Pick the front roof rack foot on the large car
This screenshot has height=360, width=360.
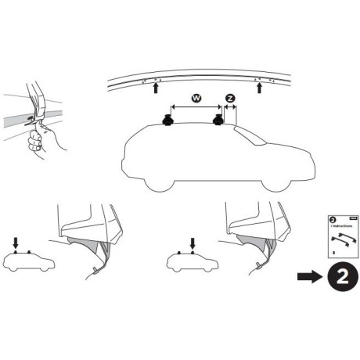[x=218, y=121]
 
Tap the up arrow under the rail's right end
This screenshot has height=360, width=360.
[x=259, y=89]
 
